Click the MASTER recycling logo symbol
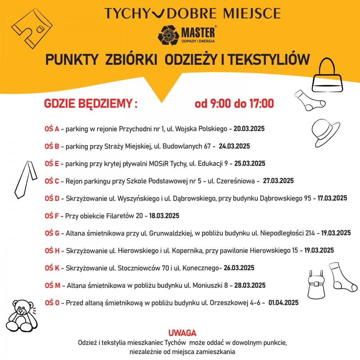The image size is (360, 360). [168, 34]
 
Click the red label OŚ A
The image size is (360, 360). [52, 129]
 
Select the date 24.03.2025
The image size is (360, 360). [234, 146]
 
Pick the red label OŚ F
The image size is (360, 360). [52, 216]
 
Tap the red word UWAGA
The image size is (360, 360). [182, 333]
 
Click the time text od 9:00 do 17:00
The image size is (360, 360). [234, 104]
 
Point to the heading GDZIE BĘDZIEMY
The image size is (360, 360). [90, 104]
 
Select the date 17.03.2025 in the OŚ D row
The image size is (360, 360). [332, 198]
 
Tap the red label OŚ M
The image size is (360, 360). [52, 285]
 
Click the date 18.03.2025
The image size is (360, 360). [164, 216]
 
